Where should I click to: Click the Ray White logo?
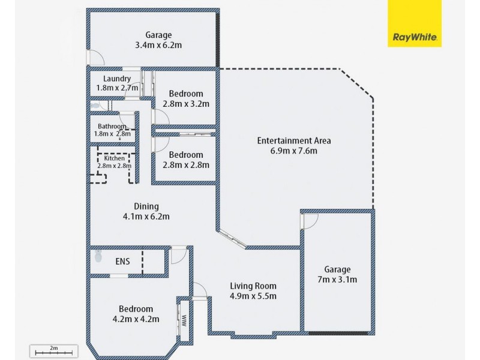point(414,23)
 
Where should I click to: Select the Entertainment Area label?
point(294,141)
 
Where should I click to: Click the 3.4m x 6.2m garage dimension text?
point(158,44)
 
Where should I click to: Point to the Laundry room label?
point(117,79)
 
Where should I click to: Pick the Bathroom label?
point(112,127)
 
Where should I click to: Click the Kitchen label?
point(114,158)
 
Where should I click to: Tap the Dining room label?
point(146,206)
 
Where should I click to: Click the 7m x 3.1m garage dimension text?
point(338,280)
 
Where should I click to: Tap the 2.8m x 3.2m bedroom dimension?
point(185,103)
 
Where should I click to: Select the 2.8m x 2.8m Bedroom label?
point(185,155)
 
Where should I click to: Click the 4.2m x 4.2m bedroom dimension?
point(136,319)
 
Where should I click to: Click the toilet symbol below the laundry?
point(96,105)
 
